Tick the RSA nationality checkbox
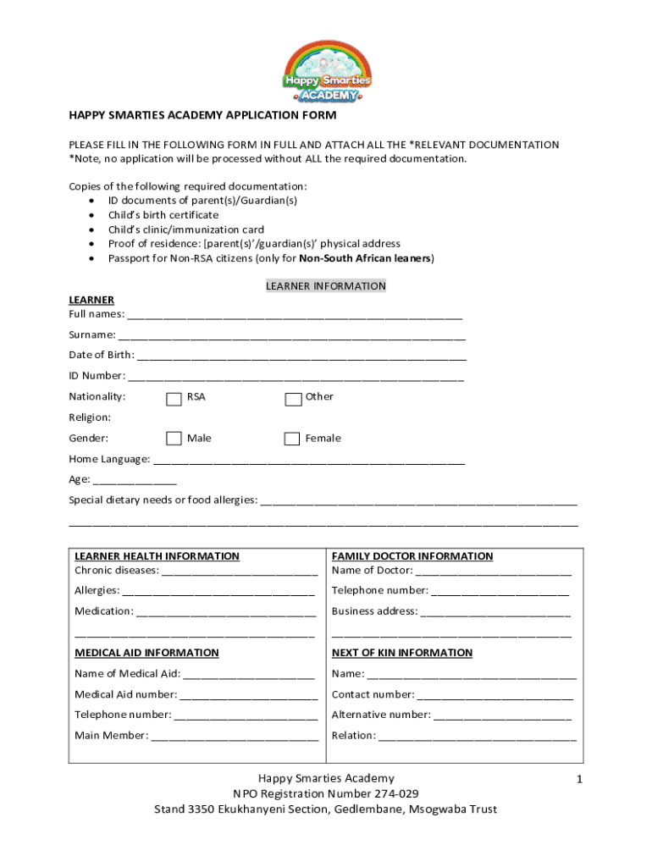pyautogui.click(x=174, y=399)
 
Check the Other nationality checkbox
pyautogui.click(x=293, y=399)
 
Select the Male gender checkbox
pyautogui.click(x=174, y=439)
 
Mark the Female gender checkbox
pyautogui.click(x=292, y=439)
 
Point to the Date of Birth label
pyautogui.click(x=101, y=355)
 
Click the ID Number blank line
pyautogui.click(x=296, y=378)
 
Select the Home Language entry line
pyautogui.click(x=309, y=462)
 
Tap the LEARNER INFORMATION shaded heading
pyautogui.click(x=326, y=286)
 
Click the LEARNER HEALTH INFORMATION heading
pyautogui.click(x=157, y=556)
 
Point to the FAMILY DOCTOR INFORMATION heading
pyautogui.click(x=412, y=556)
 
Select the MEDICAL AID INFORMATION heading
pyautogui.click(x=146, y=653)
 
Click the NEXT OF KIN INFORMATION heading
pyautogui.click(x=402, y=653)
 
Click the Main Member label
pyautogui.click(x=111, y=735)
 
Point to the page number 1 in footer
pyautogui.click(x=580, y=779)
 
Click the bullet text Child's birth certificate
pyautogui.click(x=163, y=215)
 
